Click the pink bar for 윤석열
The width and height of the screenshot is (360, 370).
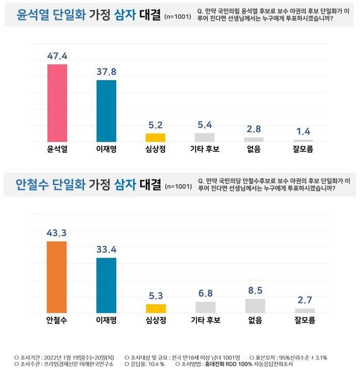57,103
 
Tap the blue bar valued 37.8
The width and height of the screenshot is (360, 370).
107,111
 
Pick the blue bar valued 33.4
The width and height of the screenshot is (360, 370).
107,285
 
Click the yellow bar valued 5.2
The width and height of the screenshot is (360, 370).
155,138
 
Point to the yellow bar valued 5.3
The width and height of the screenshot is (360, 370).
155,308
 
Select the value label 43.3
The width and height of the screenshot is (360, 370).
57,232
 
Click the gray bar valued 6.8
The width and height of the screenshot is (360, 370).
205,307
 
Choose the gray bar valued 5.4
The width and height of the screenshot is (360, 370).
205,137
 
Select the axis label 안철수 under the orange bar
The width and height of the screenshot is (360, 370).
57,321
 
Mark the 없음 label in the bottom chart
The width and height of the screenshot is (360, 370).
254,321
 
